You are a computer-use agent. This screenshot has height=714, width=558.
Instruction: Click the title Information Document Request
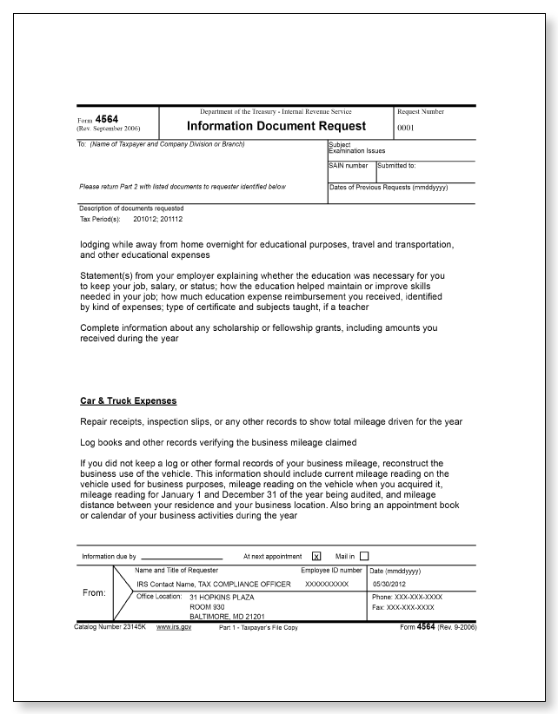click(x=276, y=126)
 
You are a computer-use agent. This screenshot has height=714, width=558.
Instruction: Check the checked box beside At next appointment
click(x=316, y=556)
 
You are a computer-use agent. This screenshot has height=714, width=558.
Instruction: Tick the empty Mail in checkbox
click(x=364, y=556)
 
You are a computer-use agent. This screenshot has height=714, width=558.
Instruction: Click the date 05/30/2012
click(x=389, y=585)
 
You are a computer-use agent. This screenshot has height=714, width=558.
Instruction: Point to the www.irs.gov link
click(x=174, y=626)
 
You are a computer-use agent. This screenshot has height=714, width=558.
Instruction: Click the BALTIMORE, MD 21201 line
click(x=228, y=616)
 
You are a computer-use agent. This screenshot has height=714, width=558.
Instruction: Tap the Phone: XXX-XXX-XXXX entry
click(x=407, y=598)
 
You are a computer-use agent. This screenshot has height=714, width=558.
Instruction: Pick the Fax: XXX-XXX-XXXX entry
click(x=402, y=607)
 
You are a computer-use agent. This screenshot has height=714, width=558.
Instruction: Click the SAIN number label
click(x=349, y=165)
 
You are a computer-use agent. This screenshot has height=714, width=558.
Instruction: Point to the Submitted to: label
click(x=396, y=165)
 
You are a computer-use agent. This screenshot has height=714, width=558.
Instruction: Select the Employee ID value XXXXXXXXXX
click(x=327, y=585)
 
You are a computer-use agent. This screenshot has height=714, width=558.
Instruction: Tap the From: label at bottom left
click(x=94, y=594)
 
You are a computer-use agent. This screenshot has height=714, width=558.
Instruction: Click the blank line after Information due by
click(x=182, y=557)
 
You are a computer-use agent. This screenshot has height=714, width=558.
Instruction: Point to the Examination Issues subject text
click(x=356, y=150)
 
